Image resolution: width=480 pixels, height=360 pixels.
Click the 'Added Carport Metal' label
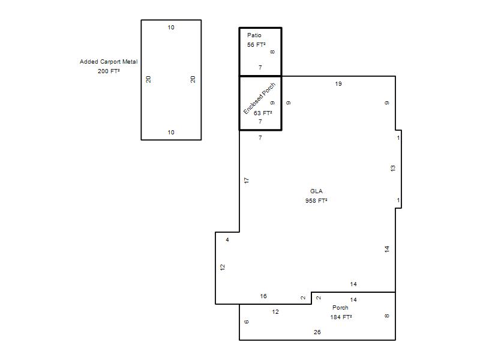(x=109, y=62)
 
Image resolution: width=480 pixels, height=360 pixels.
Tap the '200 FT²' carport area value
(x=109, y=71)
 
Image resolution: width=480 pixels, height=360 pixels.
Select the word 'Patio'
(x=254, y=35)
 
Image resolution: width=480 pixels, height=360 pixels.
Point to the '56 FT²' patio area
(x=256, y=44)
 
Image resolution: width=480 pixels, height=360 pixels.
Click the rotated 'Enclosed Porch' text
(x=259, y=98)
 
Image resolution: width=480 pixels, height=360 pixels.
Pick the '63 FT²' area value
(x=263, y=113)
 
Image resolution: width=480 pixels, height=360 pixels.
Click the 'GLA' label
(x=316, y=191)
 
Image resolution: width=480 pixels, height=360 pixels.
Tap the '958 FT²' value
(x=316, y=200)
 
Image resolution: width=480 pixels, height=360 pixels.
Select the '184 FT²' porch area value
(x=341, y=317)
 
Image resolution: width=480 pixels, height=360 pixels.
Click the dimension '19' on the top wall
(x=338, y=84)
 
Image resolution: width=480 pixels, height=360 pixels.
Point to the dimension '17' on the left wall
(x=247, y=181)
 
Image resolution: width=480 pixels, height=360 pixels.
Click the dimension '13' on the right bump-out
(x=393, y=168)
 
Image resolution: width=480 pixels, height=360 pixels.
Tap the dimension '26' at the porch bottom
(x=317, y=332)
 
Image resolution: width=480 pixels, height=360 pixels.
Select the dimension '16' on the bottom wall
(x=263, y=296)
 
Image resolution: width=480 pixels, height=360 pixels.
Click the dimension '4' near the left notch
(x=227, y=239)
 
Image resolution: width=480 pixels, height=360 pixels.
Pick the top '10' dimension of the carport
(x=171, y=27)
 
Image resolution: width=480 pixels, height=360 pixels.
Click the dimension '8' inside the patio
(x=272, y=52)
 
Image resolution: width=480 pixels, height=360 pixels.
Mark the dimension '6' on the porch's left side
(x=247, y=322)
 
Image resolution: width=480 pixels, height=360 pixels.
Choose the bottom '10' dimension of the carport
(x=171, y=132)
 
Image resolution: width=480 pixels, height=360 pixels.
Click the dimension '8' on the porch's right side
(x=387, y=316)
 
